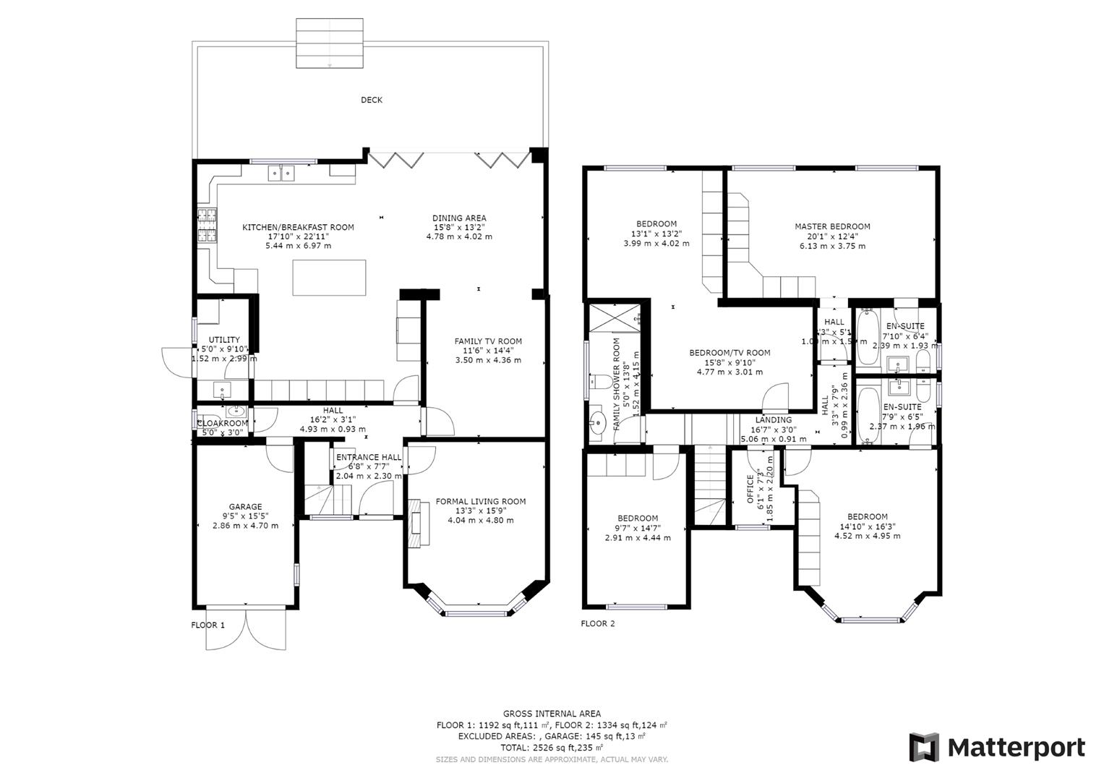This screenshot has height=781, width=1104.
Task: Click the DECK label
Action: click(372, 100)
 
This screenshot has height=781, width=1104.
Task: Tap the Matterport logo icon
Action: click(924, 747)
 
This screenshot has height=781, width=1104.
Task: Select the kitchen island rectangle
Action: click(329, 278)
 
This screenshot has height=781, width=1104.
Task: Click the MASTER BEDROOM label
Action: click(832, 226)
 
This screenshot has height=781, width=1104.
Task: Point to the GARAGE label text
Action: click(245, 507)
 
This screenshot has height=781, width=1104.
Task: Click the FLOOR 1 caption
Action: click(208, 625)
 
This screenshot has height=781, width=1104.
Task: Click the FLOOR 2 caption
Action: click(598, 623)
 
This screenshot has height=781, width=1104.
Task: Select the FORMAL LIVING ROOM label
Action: click(481, 501)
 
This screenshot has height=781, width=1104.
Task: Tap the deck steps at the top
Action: click(330, 43)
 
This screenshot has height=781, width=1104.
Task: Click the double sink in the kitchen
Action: click(282, 173)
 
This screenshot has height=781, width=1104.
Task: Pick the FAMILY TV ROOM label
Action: click(488, 341)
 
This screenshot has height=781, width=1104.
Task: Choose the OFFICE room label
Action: click(750, 489)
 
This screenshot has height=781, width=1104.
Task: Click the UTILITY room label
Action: click(224, 340)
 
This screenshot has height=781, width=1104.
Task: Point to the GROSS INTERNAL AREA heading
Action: click(552, 714)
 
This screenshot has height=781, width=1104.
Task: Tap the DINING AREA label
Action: click(459, 218)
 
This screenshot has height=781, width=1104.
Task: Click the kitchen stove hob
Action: click(206, 225)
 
